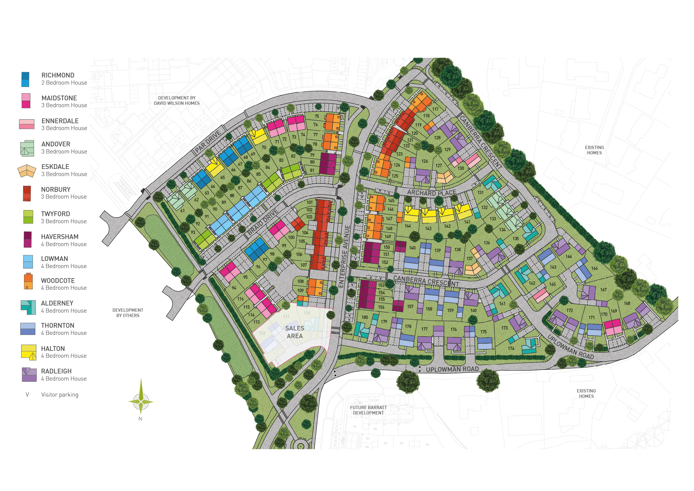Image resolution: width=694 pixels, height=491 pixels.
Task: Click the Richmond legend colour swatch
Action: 26,79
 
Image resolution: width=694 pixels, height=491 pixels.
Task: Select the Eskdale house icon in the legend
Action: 27,170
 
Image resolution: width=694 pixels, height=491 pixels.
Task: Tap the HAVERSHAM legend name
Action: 60,237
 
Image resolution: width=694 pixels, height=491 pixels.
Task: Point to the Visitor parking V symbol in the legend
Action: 27,395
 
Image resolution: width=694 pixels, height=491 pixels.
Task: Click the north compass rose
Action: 141,401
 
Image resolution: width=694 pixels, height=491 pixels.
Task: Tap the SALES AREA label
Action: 294,332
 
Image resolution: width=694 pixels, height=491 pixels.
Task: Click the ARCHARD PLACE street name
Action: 431,193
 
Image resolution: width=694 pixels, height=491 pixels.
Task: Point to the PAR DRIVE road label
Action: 208,142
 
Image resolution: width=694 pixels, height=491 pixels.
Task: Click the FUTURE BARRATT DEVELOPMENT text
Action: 368,410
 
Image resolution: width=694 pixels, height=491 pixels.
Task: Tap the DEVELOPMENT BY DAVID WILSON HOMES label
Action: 177,100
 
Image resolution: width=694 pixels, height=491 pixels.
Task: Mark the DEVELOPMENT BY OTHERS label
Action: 128,313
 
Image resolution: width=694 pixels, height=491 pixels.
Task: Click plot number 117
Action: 435,109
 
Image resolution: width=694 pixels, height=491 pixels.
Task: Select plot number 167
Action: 603,290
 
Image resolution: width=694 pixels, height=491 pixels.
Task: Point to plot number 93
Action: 193,232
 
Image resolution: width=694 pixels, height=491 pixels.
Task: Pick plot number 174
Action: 511,348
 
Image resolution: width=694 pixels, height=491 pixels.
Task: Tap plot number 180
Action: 365,317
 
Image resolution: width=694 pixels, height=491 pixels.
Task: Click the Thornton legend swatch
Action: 28,329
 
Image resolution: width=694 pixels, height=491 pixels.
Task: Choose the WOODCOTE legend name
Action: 58,281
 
